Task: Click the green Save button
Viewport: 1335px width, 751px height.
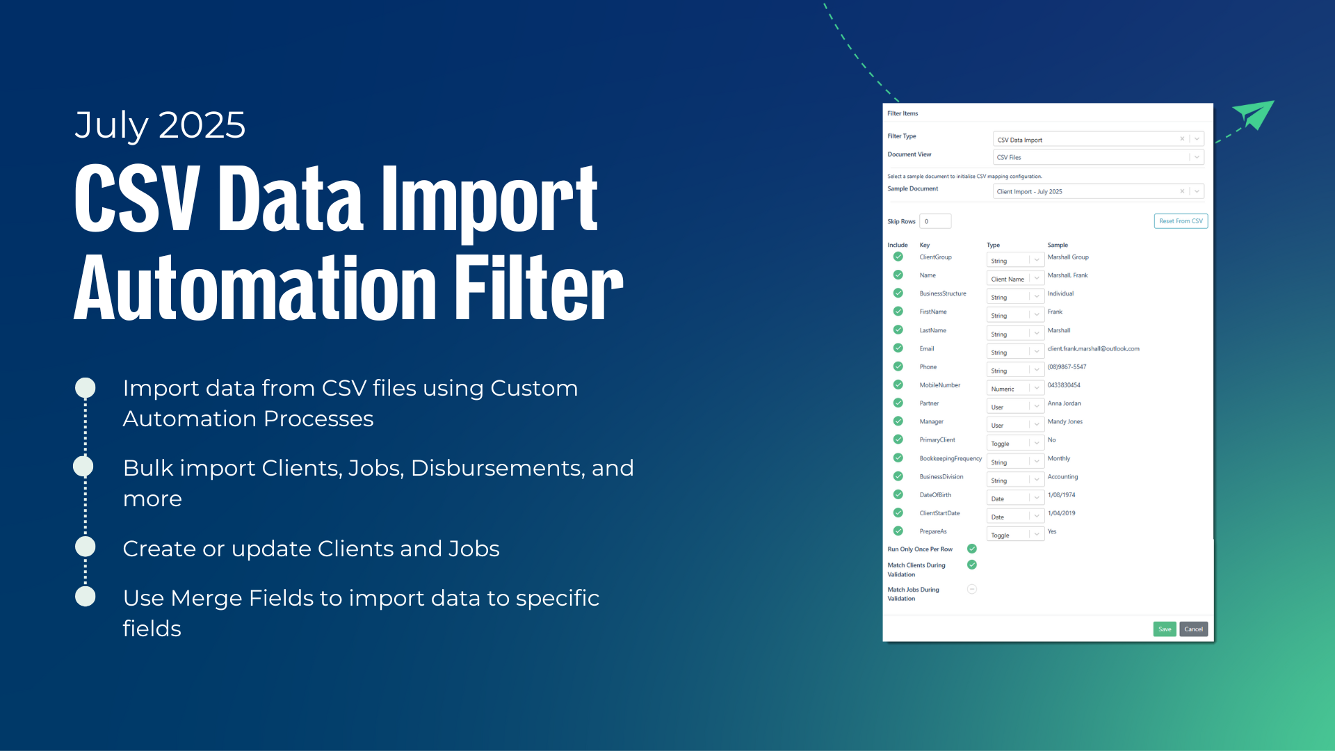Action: click(x=1165, y=629)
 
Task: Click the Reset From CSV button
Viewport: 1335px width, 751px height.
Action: click(x=1181, y=221)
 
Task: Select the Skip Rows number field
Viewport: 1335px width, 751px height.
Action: click(x=935, y=221)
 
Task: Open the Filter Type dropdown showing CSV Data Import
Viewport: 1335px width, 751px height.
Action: click(x=1098, y=139)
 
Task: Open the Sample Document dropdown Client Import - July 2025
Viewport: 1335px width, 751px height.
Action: click(x=1098, y=191)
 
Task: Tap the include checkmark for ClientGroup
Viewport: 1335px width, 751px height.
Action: click(x=898, y=257)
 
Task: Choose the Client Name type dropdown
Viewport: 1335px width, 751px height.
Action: click(x=1015, y=279)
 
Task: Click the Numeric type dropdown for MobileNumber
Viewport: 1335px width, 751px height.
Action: click(x=1015, y=389)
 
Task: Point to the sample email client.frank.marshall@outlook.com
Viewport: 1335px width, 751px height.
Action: click(x=1094, y=349)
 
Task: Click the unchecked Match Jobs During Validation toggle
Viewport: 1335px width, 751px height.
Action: click(x=972, y=590)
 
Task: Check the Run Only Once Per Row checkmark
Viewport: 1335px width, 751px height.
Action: click(x=972, y=549)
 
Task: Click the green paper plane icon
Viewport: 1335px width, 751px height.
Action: click(x=1254, y=115)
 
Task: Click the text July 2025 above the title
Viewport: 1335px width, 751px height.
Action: click(x=160, y=126)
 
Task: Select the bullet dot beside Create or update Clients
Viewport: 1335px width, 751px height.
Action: click(x=86, y=547)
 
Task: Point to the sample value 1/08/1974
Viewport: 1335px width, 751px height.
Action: click(x=1062, y=495)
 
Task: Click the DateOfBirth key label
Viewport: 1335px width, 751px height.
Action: click(x=935, y=495)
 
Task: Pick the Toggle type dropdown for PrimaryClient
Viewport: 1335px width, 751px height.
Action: click(x=1015, y=444)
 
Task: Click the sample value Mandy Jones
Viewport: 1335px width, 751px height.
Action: click(x=1065, y=422)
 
